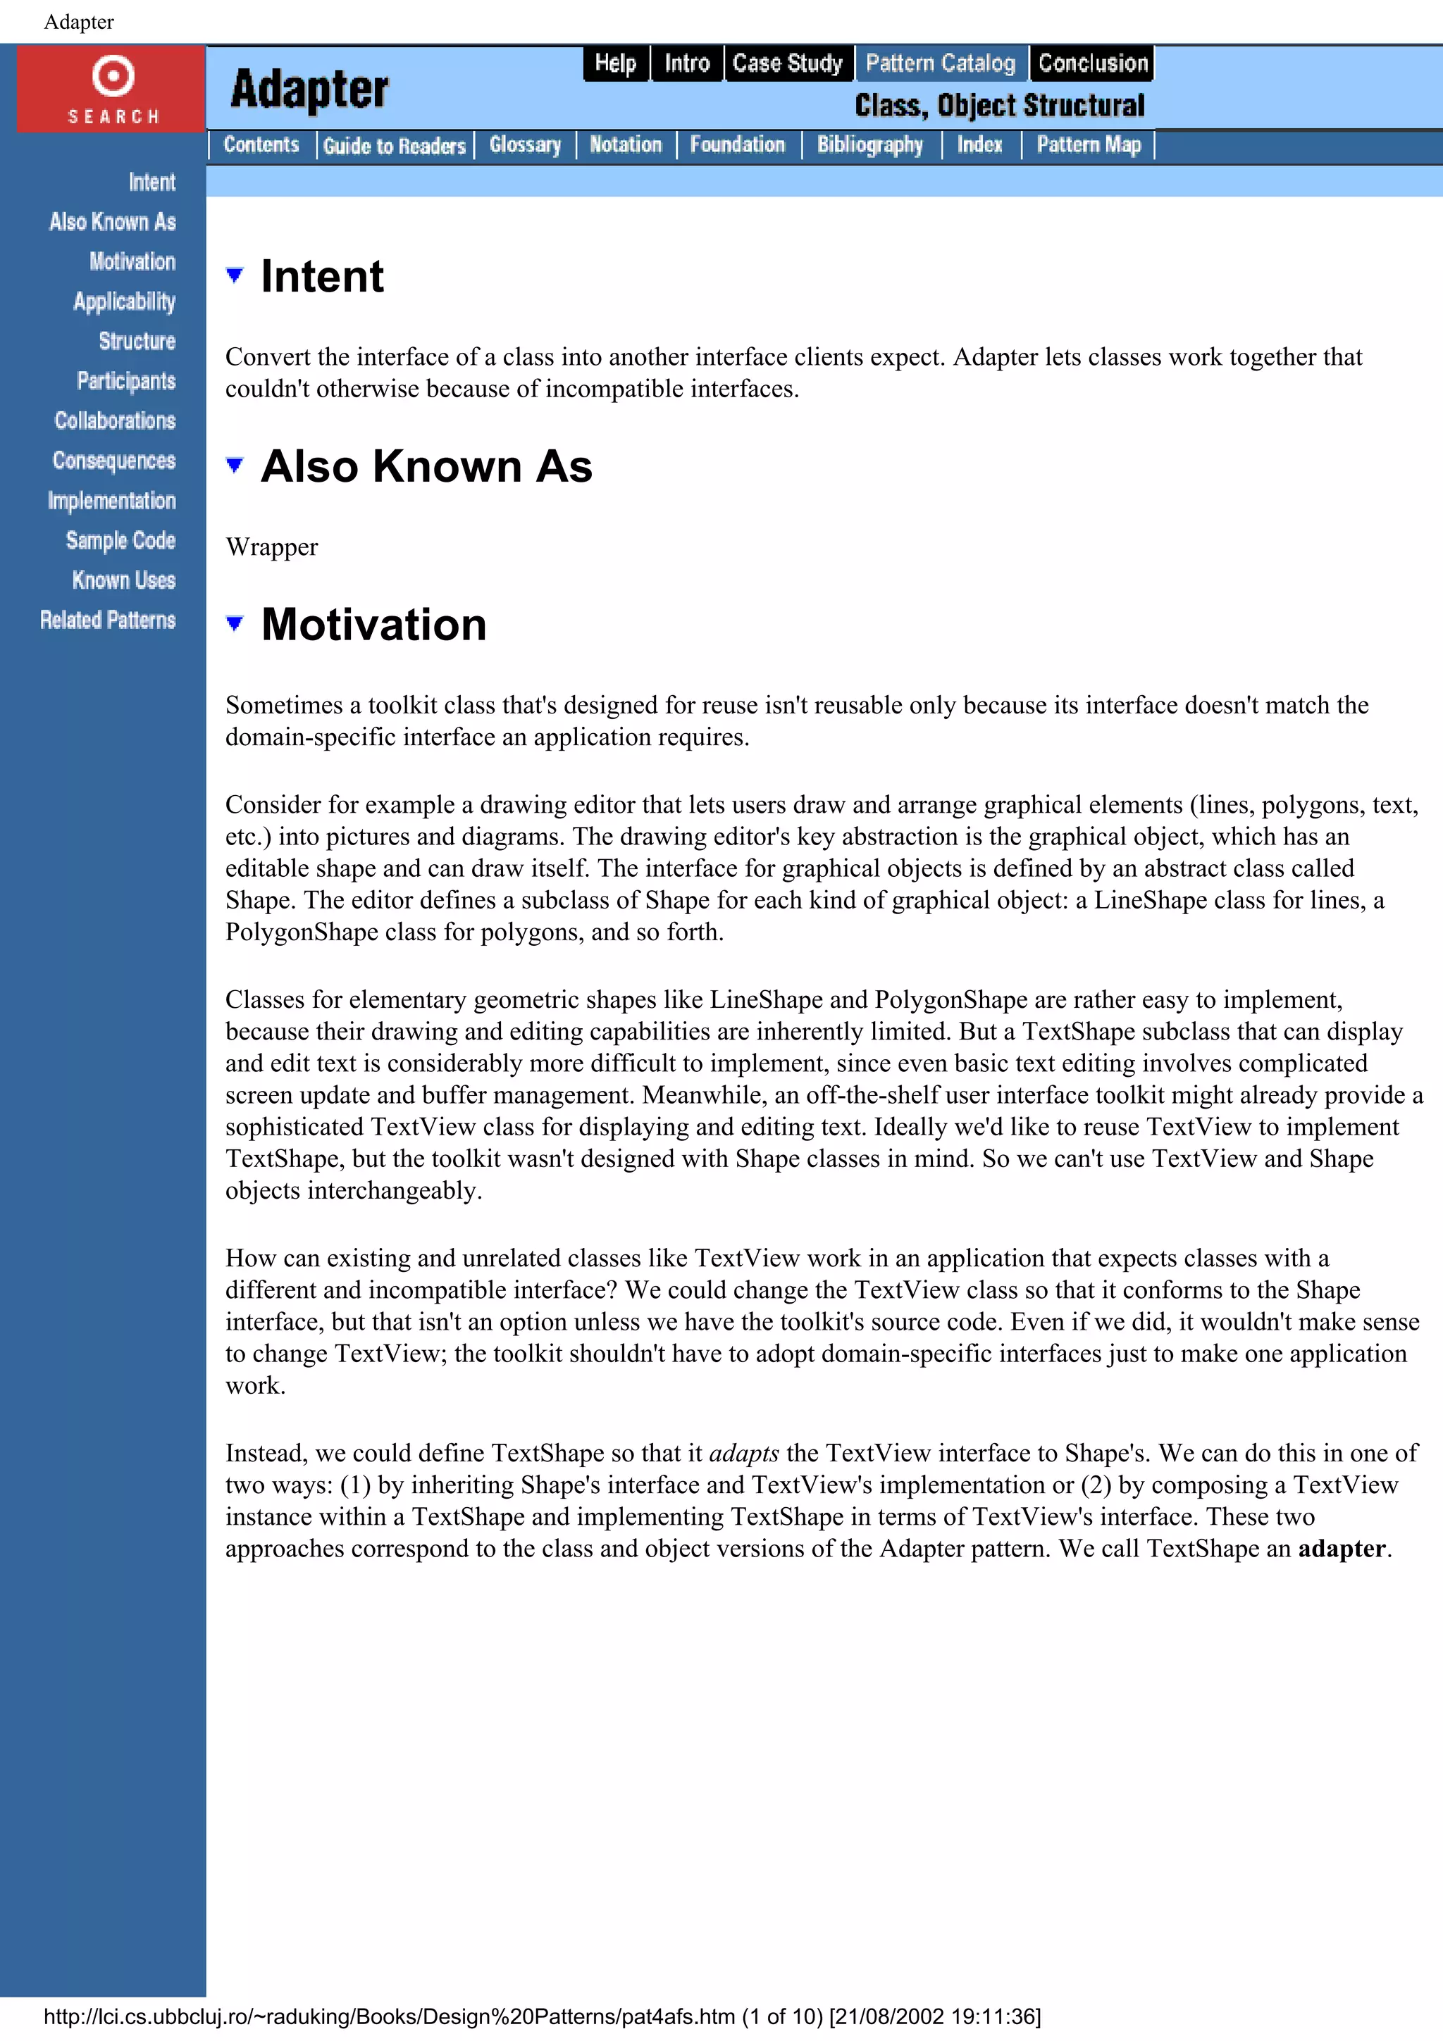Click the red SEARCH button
coord(112,89)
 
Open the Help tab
coord(615,63)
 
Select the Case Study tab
coord(787,63)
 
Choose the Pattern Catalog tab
coord(940,63)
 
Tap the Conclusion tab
coord(1092,63)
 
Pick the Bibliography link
coord(869,145)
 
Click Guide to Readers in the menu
coord(394,146)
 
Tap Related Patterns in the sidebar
coord(108,620)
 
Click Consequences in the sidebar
coord(114,461)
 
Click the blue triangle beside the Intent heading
coord(235,275)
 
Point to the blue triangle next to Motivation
coord(235,623)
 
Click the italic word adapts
coord(743,1452)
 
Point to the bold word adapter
coord(1341,1549)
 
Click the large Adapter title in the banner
coord(309,89)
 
